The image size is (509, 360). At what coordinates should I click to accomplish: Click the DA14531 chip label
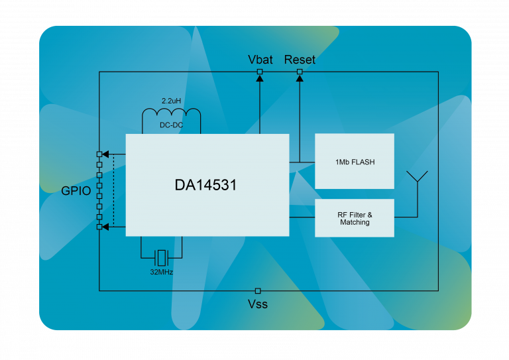pos(205,186)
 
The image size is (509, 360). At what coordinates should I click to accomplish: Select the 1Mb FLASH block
pos(355,161)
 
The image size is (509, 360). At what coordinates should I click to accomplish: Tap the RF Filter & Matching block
pos(355,218)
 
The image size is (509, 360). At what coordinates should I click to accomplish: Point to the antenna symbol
pos(418,179)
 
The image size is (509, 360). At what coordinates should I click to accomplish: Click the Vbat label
pos(260,60)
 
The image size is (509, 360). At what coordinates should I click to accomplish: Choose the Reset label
pos(300,60)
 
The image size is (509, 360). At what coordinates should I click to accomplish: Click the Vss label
pos(258,305)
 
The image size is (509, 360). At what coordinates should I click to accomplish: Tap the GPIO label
pos(76,192)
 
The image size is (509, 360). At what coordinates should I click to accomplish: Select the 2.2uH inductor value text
pos(171,101)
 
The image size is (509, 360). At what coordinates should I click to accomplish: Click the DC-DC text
pos(171,125)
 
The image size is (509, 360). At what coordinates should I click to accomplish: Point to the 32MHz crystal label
pos(161,272)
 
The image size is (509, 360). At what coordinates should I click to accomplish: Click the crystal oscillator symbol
pos(161,257)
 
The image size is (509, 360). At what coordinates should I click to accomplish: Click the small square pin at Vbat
pos(260,72)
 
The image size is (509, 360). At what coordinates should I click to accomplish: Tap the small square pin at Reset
pos(300,72)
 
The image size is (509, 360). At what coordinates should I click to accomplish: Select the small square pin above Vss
pos(258,290)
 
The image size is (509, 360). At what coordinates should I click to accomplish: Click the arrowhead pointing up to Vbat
pos(260,78)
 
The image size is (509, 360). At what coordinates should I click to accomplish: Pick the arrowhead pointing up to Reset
pos(300,78)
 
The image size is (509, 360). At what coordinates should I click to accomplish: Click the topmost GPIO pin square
pos(99,154)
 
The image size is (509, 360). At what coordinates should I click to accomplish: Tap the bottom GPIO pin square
pos(99,227)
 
